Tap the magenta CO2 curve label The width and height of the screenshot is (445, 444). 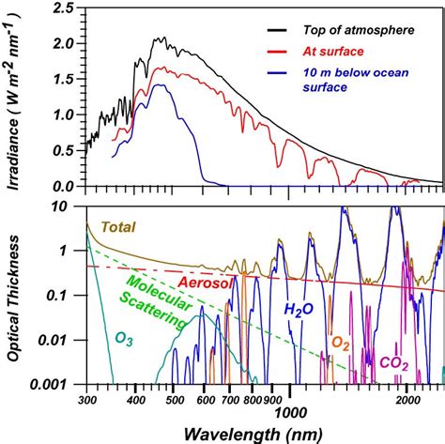(394, 361)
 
